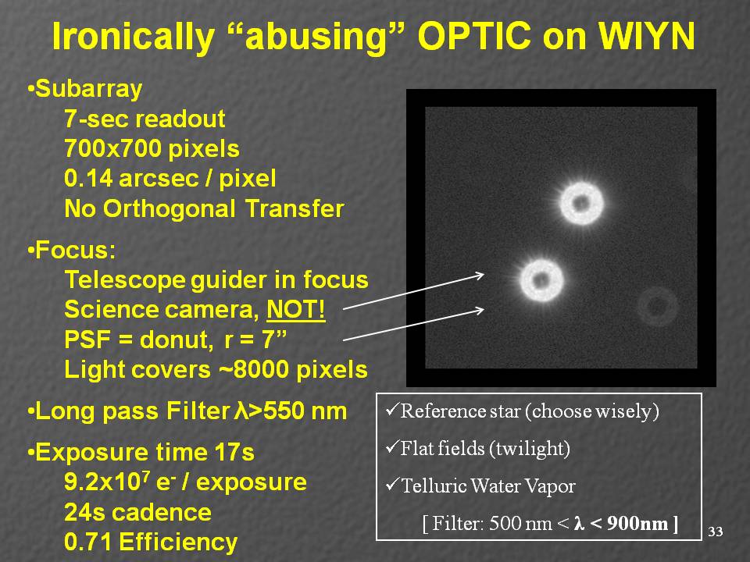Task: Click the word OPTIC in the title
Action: click(x=474, y=37)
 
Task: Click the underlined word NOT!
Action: click(x=296, y=309)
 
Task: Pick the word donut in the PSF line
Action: click(x=174, y=340)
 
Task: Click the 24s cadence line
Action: click(x=137, y=512)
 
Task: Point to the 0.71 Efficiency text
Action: click(x=151, y=542)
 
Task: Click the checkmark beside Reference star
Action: click(x=391, y=410)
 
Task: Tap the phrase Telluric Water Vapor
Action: click(x=488, y=486)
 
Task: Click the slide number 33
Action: click(x=716, y=532)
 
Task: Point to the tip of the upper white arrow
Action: click(x=484, y=274)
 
